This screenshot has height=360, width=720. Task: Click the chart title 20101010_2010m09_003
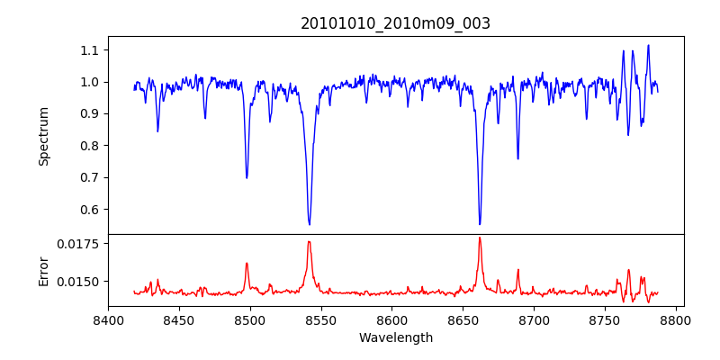(395, 23)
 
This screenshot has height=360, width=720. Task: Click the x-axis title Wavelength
(395, 338)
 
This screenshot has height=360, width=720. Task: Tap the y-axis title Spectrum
(43, 136)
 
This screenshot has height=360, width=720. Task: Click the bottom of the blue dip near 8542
(310, 224)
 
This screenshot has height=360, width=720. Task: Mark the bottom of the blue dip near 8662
(480, 224)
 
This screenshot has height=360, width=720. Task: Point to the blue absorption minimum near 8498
(247, 177)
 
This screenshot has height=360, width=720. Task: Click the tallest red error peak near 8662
(480, 238)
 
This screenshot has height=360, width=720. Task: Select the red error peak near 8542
(309, 241)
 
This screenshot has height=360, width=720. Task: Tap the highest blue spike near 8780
(648, 45)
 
